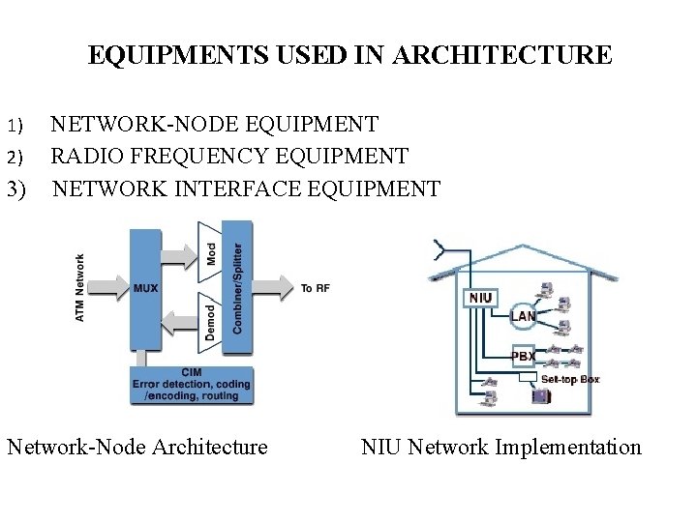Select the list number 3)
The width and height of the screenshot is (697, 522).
click(17, 188)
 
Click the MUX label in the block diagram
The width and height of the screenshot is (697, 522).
click(146, 288)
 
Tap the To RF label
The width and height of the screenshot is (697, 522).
click(315, 288)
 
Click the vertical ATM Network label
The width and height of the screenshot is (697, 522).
click(80, 288)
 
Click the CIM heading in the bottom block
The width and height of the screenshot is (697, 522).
click(191, 372)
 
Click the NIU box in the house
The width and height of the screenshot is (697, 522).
click(482, 298)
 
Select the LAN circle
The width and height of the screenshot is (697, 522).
click(524, 316)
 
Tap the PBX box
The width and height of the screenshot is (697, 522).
click(523, 356)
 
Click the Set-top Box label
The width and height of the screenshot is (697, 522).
click(570, 379)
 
